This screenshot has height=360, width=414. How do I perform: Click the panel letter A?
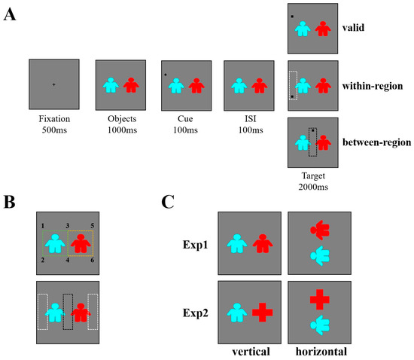point(11,16)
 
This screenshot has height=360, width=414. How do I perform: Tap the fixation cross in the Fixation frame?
point(53,84)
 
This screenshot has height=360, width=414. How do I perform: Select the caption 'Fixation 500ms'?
point(53,124)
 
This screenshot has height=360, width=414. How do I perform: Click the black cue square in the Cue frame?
point(166,75)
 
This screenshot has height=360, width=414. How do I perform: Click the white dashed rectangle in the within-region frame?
point(294,86)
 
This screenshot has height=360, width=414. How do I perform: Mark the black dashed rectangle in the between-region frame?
point(313,141)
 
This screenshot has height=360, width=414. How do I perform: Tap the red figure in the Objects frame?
point(131,85)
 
